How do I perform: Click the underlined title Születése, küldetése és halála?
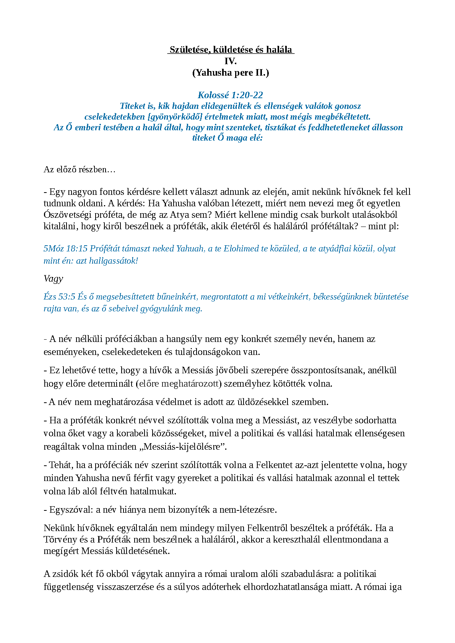[x=231, y=50]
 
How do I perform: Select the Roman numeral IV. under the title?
[x=231, y=61]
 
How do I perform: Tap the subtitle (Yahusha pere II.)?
[x=231, y=73]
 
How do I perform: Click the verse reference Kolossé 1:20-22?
[x=230, y=95]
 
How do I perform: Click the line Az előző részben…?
[x=80, y=169]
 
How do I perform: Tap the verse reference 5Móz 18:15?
[x=65, y=249]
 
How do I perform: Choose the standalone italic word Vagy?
[x=53, y=279]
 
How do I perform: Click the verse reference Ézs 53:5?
[x=59, y=297]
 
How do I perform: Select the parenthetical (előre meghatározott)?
[x=179, y=384]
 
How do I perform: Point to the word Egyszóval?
[x=71, y=510]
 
